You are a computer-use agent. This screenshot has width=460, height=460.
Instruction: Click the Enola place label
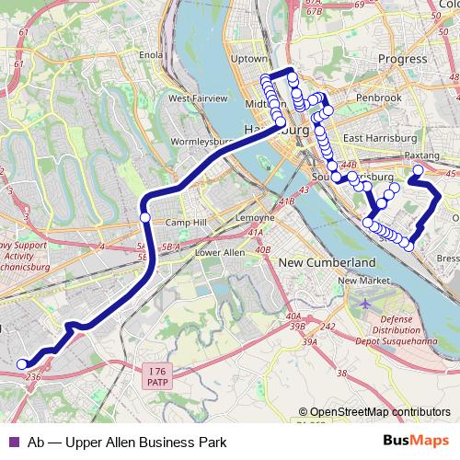click(150, 54)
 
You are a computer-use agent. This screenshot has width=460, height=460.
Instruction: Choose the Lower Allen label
click(219, 252)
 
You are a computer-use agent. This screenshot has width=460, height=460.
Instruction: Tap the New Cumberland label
click(317, 262)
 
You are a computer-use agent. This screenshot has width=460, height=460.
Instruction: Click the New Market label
click(358, 281)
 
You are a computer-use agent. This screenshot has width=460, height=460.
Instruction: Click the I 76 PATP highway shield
click(158, 375)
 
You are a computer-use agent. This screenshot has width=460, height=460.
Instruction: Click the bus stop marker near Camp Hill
click(144, 217)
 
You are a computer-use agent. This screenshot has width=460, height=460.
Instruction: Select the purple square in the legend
click(13, 442)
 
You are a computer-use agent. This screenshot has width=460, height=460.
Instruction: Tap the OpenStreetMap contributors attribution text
click(380, 412)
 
